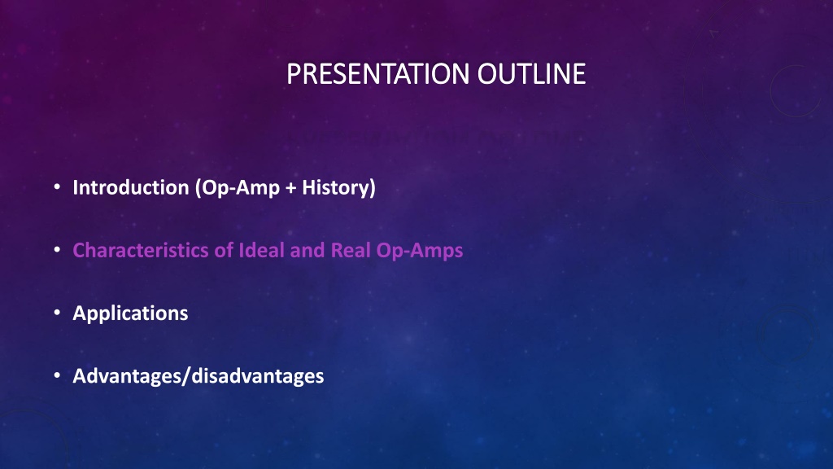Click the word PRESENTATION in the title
(x=377, y=74)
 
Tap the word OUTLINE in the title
(x=531, y=74)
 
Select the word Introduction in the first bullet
(x=131, y=187)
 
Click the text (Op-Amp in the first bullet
(x=238, y=188)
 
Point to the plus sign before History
(x=290, y=188)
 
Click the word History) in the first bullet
(x=339, y=188)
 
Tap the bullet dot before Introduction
(x=57, y=186)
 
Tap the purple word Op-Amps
(x=420, y=251)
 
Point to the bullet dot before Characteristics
(x=57, y=249)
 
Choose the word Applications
(x=130, y=313)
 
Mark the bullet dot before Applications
(x=57, y=313)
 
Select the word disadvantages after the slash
(x=258, y=376)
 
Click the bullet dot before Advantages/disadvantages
(x=57, y=375)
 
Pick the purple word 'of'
(x=224, y=250)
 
